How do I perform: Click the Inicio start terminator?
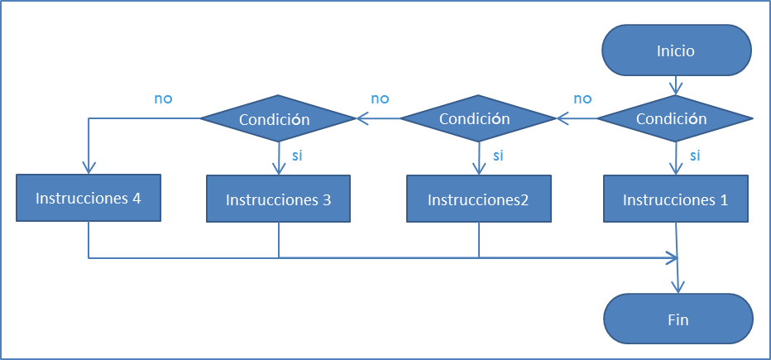(676, 50)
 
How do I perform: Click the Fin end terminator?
(678, 319)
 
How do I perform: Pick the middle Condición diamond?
(478, 119)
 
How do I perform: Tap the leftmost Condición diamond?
(278, 119)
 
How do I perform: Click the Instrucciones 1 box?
(675, 199)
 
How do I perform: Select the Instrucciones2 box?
(477, 199)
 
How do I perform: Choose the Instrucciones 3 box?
(278, 199)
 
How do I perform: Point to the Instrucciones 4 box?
(89, 198)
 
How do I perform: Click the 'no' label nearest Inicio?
(582, 98)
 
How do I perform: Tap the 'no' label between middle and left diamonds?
(380, 98)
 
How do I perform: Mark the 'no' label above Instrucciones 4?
(163, 98)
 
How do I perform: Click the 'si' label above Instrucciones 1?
(695, 155)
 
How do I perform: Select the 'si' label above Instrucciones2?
(497, 155)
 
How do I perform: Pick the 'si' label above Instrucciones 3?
(298, 155)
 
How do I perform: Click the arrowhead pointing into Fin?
(678, 286)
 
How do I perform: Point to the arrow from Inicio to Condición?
(676, 84)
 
